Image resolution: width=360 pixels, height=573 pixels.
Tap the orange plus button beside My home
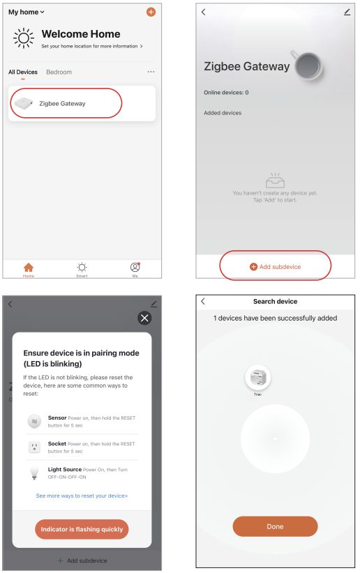pyautogui.click(x=151, y=13)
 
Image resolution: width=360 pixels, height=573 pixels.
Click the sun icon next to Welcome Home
pyautogui.click(x=24, y=39)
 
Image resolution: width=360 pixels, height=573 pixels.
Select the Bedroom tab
pyautogui.click(x=59, y=72)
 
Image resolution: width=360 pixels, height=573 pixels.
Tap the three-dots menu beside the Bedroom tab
pyautogui.click(x=151, y=72)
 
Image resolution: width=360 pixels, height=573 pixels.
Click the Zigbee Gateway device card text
pyautogui.click(x=62, y=104)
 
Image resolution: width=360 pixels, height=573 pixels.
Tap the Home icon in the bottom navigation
pyautogui.click(x=29, y=268)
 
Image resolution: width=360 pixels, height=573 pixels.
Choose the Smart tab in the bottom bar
pyautogui.click(x=82, y=268)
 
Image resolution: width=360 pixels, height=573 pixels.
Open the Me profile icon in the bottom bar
pyautogui.click(x=135, y=268)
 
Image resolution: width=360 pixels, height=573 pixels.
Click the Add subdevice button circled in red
pyautogui.click(x=275, y=266)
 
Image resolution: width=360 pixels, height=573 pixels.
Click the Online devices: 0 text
pyautogui.click(x=226, y=93)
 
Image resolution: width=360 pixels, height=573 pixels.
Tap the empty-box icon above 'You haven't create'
pyautogui.click(x=275, y=180)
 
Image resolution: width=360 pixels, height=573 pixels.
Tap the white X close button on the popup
pyautogui.click(x=144, y=318)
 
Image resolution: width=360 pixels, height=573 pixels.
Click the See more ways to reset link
pyautogui.click(x=82, y=496)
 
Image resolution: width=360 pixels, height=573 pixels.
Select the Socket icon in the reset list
pyautogui.click(x=33, y=448)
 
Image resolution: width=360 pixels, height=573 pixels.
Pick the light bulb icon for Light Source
pyautogui.click(x=33, y=473)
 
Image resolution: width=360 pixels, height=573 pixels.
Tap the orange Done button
pyautogui.click(x=275, y=526)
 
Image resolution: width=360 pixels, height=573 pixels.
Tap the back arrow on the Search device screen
pyautogui.click(x=203, y=301)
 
